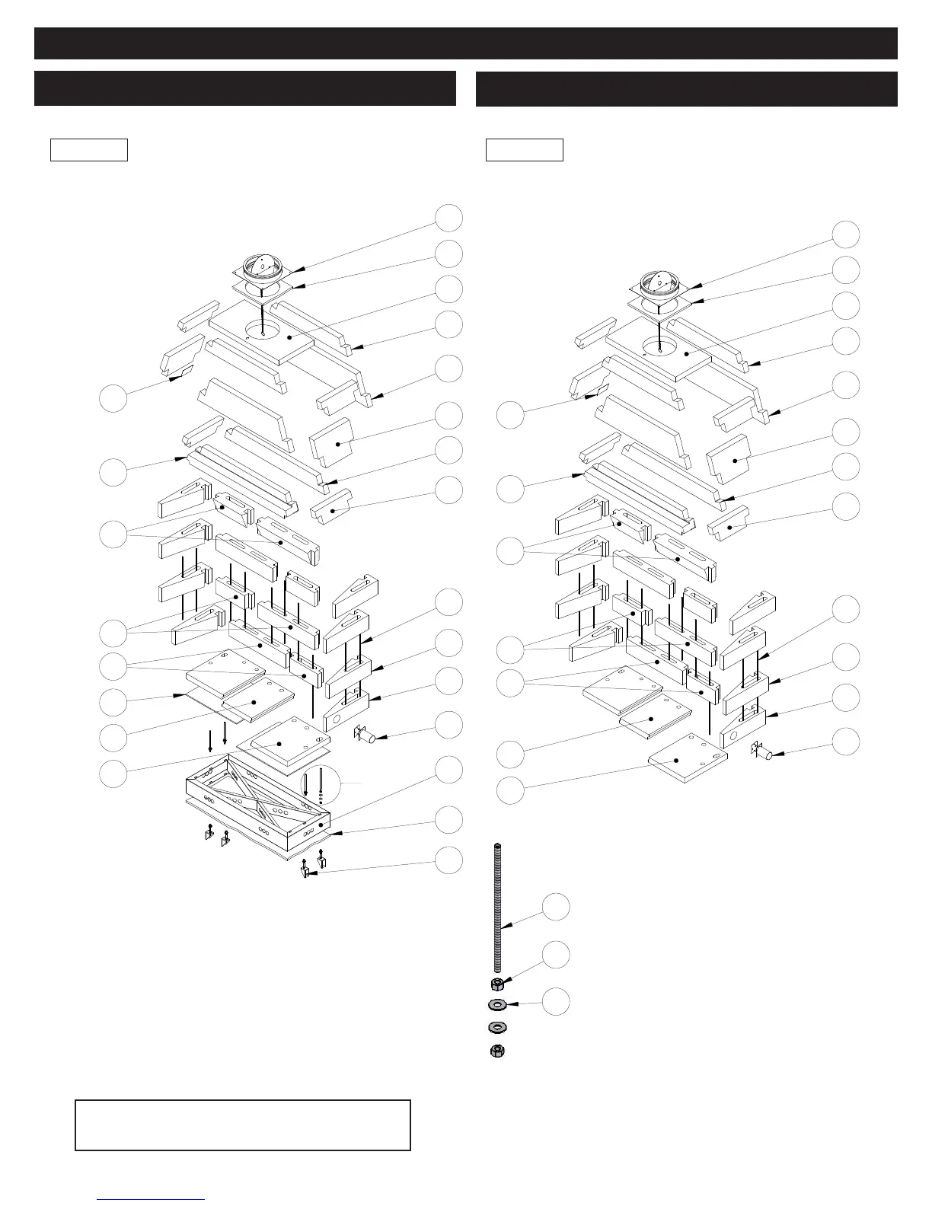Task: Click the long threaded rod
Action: point(498,906)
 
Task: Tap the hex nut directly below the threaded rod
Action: point(497,983)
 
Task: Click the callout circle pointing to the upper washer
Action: point(557,1001)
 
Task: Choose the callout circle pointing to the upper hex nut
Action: point(557,955)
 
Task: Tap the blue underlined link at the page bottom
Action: point(152,1199)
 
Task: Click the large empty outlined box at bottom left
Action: point(243,1125)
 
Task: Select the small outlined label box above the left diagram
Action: point(89,150)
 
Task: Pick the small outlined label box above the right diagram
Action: point(525,150)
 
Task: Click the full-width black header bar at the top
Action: point(466,43)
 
